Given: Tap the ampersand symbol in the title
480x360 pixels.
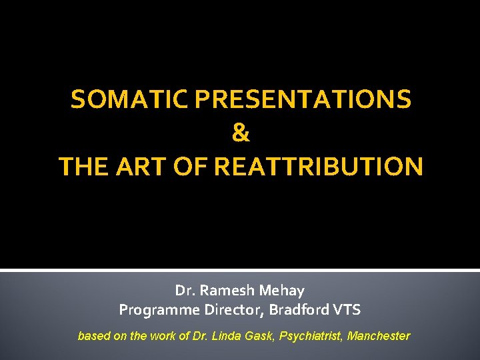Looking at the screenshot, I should click(241, 133).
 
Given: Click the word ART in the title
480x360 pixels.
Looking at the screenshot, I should click(148, 166).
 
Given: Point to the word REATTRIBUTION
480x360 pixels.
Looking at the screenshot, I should click(319, 166).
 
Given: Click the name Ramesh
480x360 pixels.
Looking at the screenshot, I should click(226, 291).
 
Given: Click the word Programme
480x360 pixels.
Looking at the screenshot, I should click(154, 310).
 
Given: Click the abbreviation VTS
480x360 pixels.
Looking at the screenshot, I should click(349, 310).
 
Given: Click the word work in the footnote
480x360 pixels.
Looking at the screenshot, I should click(161, 336).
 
